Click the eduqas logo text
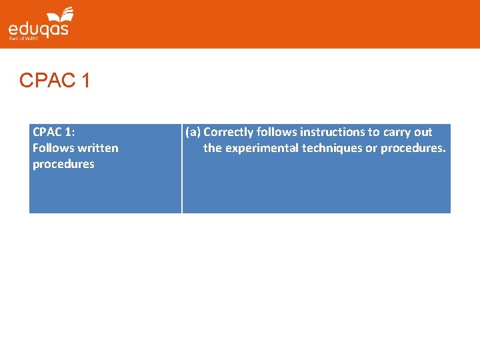point(38,30)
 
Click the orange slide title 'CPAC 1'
point(55,81)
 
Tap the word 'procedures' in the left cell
point(63,164)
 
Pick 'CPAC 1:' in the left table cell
point(53,132)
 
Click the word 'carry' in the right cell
point(397,132)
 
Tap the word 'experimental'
point(262,148)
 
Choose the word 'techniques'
point(332,148)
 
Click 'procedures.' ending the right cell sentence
point(413,148)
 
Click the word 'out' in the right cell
point(423,132)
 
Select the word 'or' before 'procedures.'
point(371,148)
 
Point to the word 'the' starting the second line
point(213,148)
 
